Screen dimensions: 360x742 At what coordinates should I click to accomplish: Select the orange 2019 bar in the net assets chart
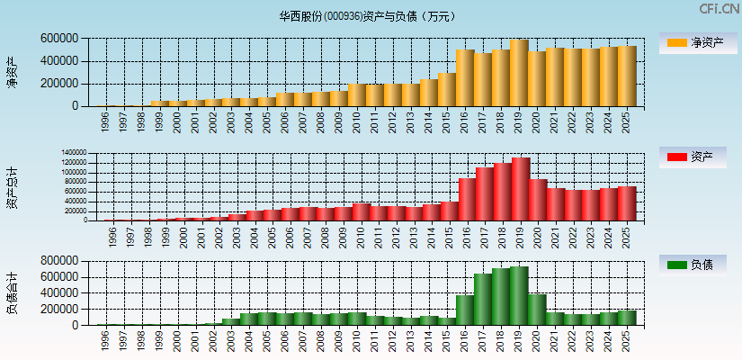click(x=519, y=73)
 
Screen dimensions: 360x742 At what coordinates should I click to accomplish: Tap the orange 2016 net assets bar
click(x=465, y=78)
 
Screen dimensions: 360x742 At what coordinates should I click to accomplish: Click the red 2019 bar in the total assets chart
click(x=521, y=190)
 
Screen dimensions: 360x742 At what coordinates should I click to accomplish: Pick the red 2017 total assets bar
click(x=485, y=194)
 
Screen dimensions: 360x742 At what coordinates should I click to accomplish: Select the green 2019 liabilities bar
click(x=519, y=296)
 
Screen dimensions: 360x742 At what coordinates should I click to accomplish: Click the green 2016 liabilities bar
click(x=465, y=310)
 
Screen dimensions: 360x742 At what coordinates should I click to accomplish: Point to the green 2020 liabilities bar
click(x=537, y=310)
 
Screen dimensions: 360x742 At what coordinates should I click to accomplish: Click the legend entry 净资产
click(x=696, y=42)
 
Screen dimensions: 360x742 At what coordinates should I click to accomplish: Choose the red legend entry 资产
click(x=696, y=157)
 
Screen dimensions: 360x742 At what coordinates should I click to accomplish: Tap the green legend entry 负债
click(x=696, y=265)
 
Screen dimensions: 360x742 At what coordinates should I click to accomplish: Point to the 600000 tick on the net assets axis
click(x=58, y=39)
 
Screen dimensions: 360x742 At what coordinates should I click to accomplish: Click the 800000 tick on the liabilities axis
click(x=58, y=261)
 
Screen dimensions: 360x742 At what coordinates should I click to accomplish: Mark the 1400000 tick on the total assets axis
click(x=75, y=153)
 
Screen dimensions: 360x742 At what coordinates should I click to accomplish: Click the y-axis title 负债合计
click(x=13, y=292)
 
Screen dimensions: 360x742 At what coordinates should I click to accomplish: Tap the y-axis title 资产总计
click(x=13, y=187)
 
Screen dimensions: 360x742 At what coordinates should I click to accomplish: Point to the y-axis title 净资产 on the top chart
click(x=13, y=72)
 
